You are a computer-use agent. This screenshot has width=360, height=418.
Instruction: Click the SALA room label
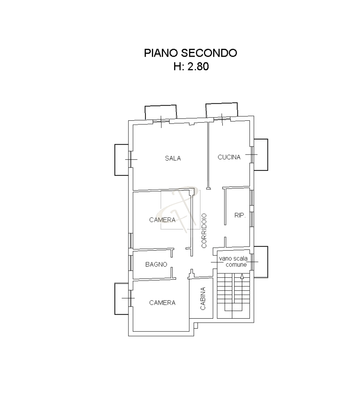173,158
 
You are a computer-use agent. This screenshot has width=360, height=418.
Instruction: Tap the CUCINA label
229,157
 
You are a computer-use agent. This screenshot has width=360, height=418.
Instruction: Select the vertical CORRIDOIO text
204,231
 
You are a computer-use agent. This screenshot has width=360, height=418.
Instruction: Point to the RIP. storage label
240,215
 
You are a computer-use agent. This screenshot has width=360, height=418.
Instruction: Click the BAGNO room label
156,265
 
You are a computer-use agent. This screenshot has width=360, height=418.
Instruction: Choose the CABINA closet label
203,298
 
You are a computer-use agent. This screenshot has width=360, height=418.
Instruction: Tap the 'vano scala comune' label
233,262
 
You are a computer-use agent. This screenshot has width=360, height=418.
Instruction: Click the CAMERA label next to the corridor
162,220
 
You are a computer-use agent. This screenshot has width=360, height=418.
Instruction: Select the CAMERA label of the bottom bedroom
162,303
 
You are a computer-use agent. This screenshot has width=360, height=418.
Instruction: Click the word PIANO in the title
161,53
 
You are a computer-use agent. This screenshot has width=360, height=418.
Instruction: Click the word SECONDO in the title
209,53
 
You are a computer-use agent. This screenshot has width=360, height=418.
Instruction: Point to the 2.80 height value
198,66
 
